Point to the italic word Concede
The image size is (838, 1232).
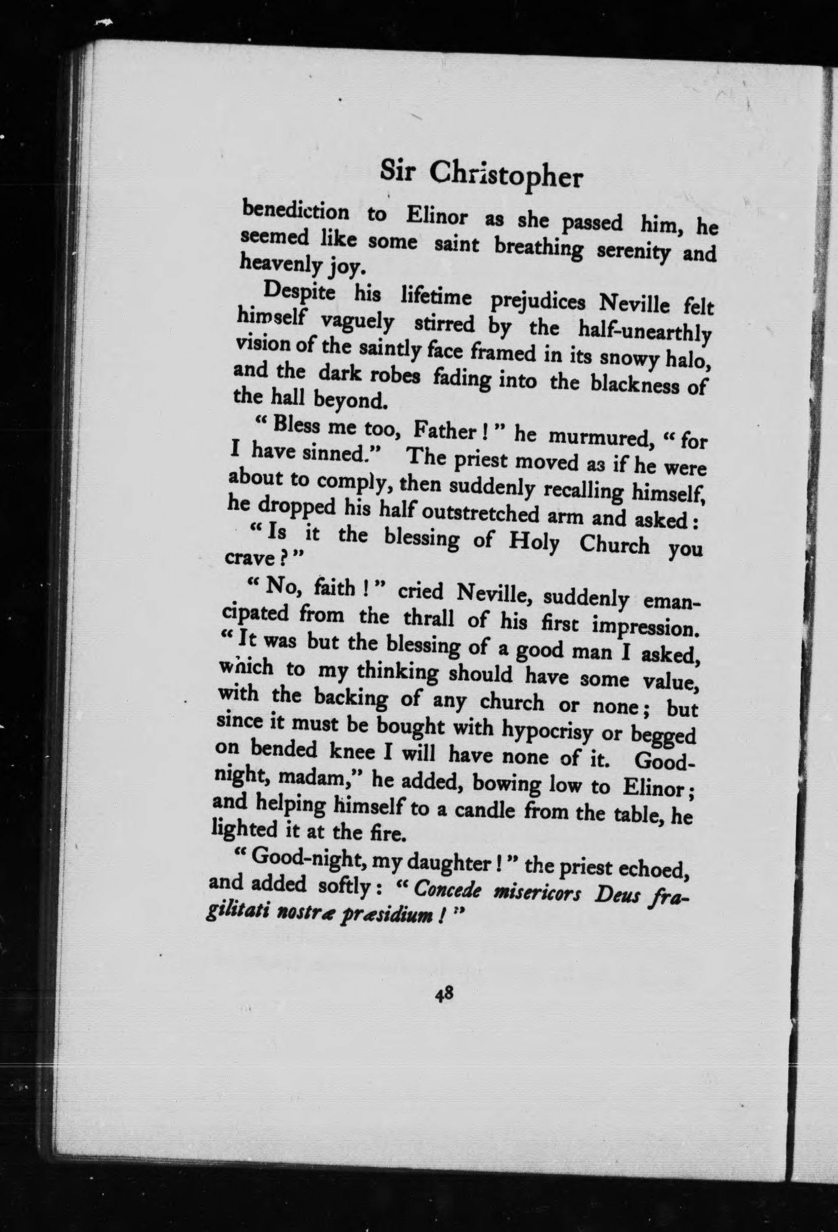pos(448,891)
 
